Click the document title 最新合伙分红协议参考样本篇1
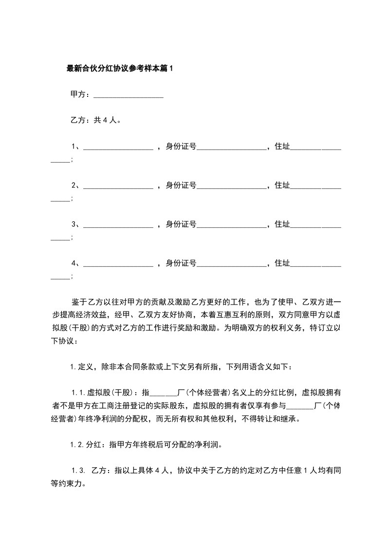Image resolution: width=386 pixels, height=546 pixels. coord(120,69)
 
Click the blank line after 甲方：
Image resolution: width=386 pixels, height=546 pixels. coord(128,95)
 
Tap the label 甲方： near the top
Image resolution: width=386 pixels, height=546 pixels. coord(80,94)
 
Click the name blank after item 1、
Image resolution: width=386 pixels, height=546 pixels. coord(118,146)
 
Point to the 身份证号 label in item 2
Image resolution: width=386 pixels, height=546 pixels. coord(181,185)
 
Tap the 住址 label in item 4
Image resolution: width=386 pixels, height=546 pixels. coord(282,263)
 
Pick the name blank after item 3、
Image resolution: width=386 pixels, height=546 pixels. coord(118,224)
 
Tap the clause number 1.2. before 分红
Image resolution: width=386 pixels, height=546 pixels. coord(77,444)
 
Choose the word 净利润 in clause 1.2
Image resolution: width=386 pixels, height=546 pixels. coord(211,444)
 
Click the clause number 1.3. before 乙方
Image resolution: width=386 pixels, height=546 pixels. coord(78,471)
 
